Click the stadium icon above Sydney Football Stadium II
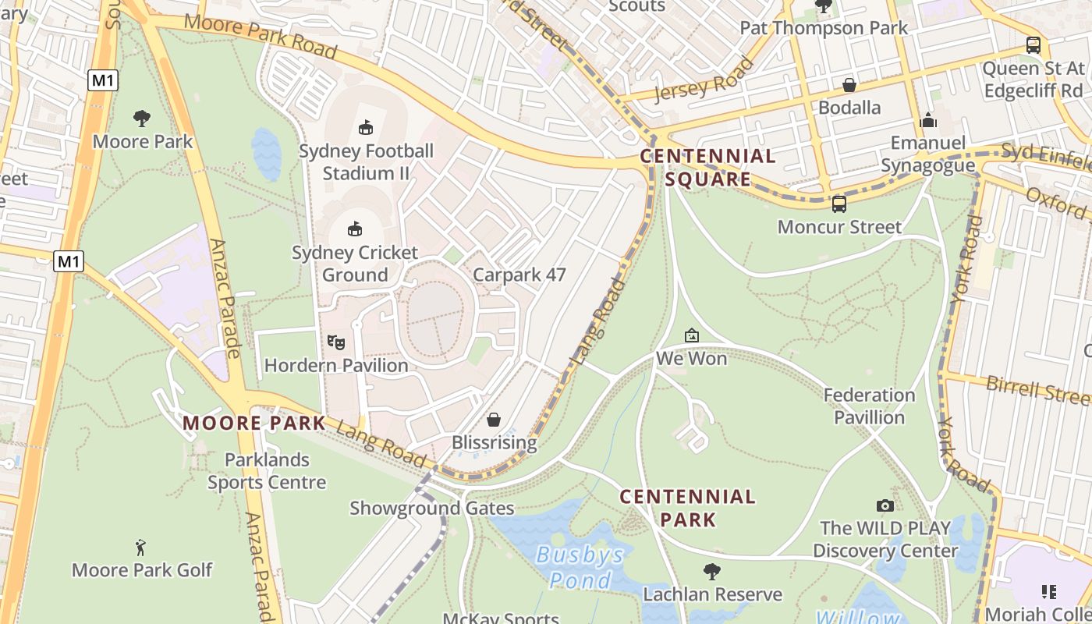click(x=365, y=127)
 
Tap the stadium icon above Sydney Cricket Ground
click(x=355, y=229)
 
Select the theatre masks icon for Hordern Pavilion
click(x=336, y=342)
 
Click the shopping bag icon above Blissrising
click(x=494, y=420)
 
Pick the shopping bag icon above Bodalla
click(x=849, y=84)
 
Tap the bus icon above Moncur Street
click(x=839, y=204)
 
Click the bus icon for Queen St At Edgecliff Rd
click(x=1033, y=45)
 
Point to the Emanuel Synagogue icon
click(x=928, y=120)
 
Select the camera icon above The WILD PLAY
click(x=885, y=505)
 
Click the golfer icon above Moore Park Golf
click(x=140, y=547)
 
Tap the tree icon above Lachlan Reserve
click(x=711, y=571)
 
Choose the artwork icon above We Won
click(x=691, y=335)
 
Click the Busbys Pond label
click(x=580, y=567)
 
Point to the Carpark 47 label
click(x=519, y=275)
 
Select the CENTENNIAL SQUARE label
click(x=707, y=168)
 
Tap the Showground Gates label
click(x=431, y=509)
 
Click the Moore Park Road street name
click(x=261, y=36)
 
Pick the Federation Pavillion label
click(x=869, y=406)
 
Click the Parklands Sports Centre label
click(x=267, y=470)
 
